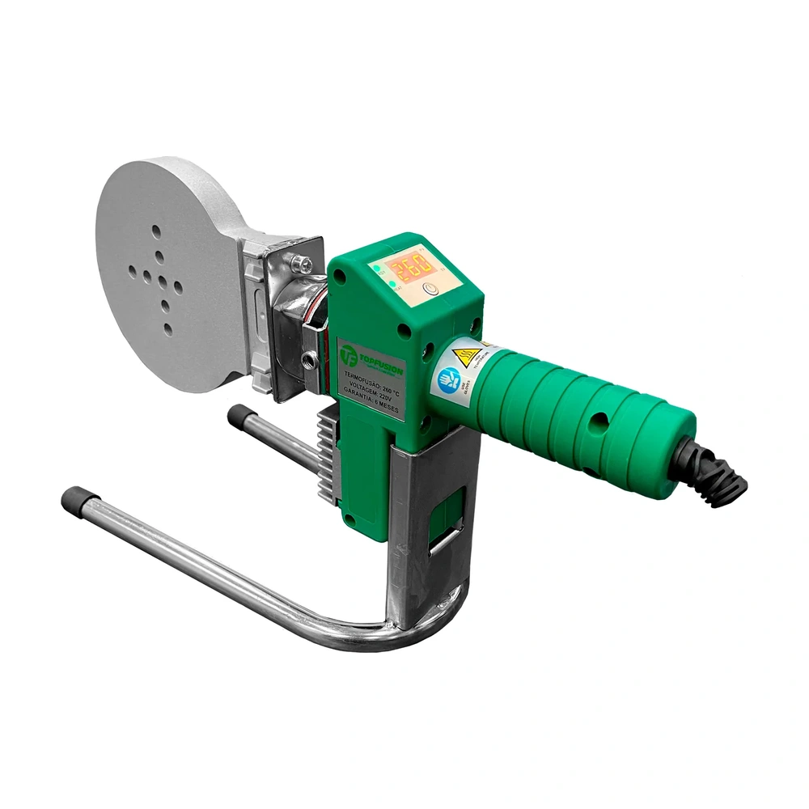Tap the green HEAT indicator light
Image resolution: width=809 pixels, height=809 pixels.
click(379, 265)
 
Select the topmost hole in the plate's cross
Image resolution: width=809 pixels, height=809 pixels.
click(155, 231)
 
